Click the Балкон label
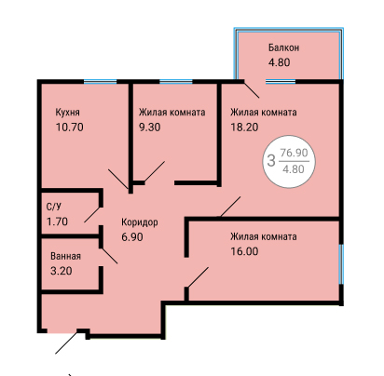[283, 47]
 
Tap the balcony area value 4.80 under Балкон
[279, 62]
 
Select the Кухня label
[67, 112]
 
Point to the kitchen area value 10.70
[70, 128]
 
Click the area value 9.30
[150, 128]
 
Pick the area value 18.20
[244, 128]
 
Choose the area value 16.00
[244, 251]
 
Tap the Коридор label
[140, 222]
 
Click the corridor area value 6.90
[132, 237]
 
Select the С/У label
[54, 207]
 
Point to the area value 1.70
[57, 222]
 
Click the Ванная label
[65, 256]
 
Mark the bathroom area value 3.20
[62, 271]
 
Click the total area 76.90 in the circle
[294, 153]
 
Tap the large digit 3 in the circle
[271, 161]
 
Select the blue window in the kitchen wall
[100, 82]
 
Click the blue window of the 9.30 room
[176, 82]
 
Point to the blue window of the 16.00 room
[341, 264]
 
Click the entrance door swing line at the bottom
[66, 343]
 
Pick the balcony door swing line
[252, 89]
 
